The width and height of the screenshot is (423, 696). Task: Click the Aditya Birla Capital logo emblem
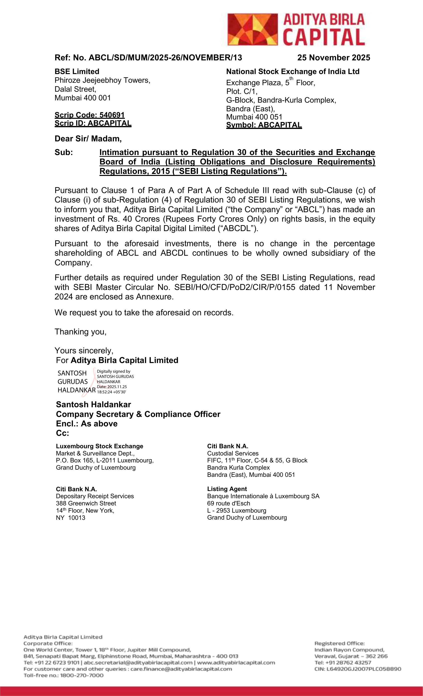252,29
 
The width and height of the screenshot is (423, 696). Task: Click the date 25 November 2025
333,58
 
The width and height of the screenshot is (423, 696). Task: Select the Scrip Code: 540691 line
90,115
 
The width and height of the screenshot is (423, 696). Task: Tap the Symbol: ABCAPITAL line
264,125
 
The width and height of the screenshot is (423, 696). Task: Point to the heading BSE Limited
77,72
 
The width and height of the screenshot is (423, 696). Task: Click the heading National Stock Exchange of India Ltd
293,72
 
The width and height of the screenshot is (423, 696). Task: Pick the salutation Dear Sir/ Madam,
88,139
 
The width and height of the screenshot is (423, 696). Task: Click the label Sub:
64,153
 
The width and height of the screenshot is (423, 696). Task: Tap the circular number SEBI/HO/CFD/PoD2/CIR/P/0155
235,287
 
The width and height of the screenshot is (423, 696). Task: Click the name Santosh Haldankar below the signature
93,405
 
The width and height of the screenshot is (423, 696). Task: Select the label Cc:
62,433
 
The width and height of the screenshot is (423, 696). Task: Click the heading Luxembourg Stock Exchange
99,446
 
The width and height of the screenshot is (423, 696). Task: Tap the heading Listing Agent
227,489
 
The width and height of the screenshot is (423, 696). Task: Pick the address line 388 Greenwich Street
86,503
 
